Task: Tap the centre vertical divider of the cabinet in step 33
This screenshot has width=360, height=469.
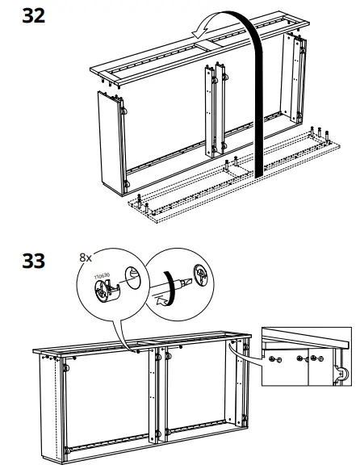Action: point(157,400)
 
